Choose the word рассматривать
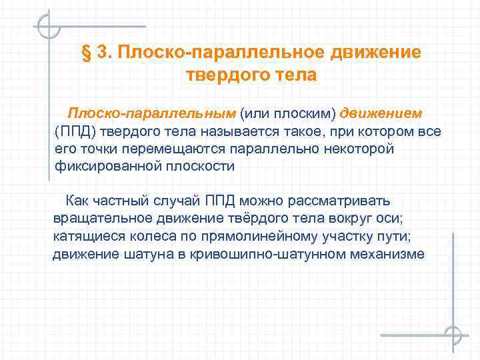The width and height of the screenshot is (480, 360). click(x=343, y=201)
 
